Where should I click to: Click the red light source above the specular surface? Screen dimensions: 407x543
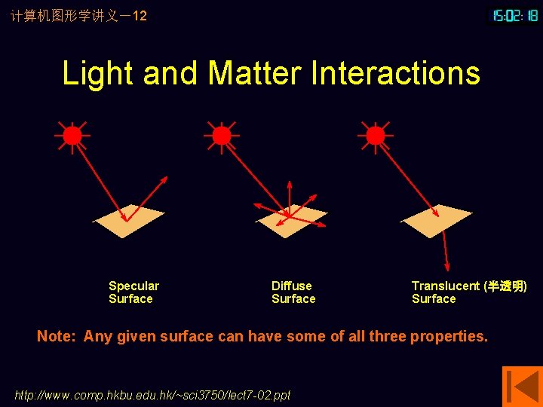tap(72, 136)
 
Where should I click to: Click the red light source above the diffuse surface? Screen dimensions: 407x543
tap(221, 136)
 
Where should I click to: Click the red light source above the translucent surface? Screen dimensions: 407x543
tap(375, 136)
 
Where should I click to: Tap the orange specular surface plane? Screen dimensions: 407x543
tap(128, 221)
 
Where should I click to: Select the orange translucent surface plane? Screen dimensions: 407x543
tap(437, 219)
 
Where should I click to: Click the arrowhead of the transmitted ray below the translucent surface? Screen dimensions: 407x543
tap(447, 266)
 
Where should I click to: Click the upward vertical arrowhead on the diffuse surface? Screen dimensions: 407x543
tap(289, 185)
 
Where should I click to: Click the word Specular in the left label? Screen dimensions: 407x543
tap(133, 286)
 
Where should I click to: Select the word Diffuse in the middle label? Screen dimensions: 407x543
tap(291, 286)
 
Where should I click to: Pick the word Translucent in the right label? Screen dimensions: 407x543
tap(445, 286)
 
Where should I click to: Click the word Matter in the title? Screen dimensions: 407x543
tap(254, 74)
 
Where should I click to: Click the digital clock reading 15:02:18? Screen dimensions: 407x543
tap(515, 15)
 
